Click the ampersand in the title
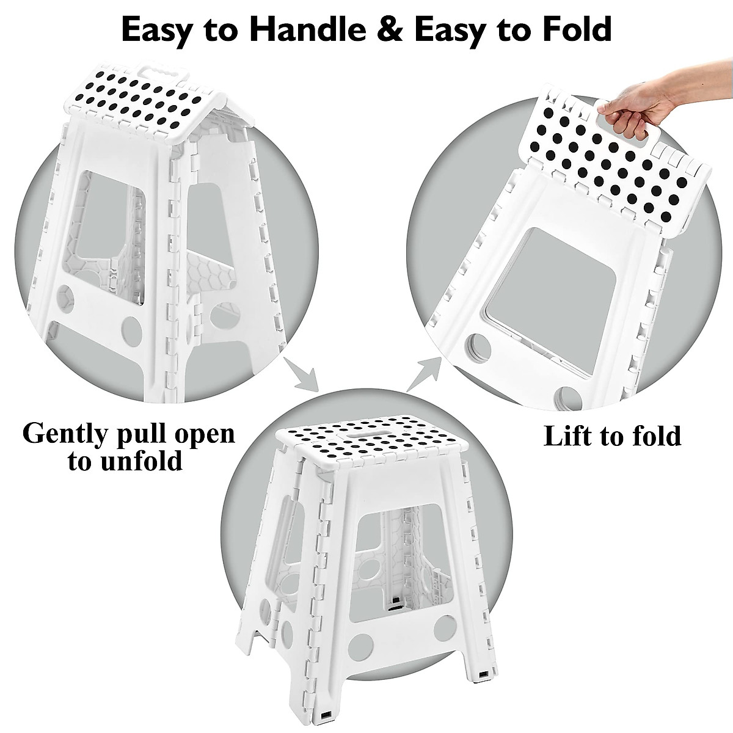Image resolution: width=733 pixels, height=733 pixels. (391, 29)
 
